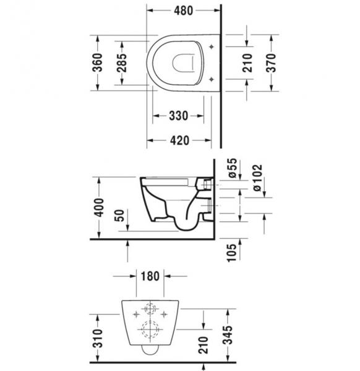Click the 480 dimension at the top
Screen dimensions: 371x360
point(183,11)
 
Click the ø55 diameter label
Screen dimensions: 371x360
point(233,168)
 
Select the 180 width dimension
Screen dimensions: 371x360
point(148,276)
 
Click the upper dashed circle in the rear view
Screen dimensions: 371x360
point(149,307)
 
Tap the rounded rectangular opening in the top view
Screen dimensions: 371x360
point(184,62)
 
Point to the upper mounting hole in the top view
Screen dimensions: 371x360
point(212,46)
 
